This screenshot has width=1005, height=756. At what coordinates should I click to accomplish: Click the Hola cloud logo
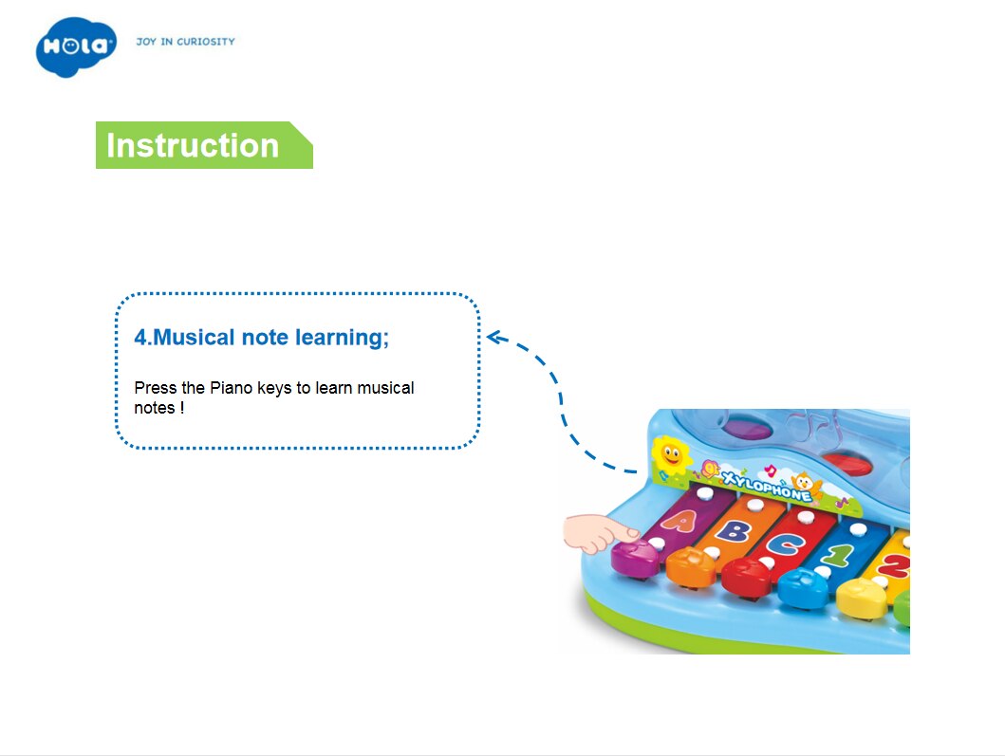coord(76,46)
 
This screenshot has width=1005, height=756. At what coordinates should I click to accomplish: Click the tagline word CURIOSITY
coord(206,42)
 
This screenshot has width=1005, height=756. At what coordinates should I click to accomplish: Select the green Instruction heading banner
coord(204,145)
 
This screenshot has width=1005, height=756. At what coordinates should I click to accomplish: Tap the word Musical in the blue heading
coord(195,337)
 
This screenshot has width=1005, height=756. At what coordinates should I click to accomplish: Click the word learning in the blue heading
coord(342,338)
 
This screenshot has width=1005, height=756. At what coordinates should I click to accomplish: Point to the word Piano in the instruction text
coord(232,388)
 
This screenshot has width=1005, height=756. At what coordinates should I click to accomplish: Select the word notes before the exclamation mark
coord(155,408)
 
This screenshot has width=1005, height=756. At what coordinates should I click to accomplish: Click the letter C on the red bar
coord(784,544)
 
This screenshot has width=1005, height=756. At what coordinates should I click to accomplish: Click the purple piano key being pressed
coord(635,557)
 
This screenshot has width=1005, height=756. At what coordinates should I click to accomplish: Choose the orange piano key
coord(690,566)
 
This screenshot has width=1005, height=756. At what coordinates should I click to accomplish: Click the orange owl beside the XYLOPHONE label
coord(804,485)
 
